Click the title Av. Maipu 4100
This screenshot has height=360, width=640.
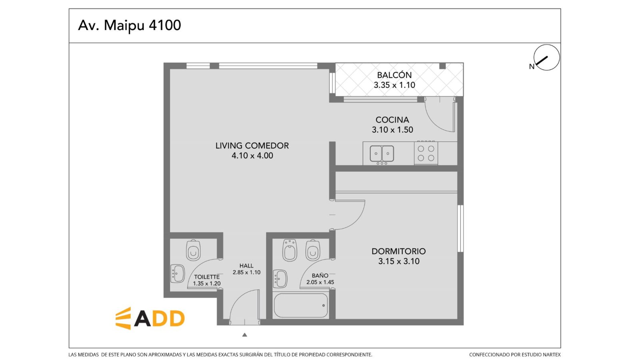click(x=130, y=26)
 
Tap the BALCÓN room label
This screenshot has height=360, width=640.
click(x=394, y=75)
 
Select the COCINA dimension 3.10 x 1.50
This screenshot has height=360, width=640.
click(x=392, y=130)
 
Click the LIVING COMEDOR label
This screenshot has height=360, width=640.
click(x=252, y=146)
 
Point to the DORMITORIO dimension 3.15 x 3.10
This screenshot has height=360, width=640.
click(x=399, y=261)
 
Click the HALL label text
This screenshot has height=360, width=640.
click(x=246, y=266)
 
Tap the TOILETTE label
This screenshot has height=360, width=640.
click(x=207, y=277)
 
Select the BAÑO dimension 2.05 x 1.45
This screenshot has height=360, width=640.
click(x=320, y=282)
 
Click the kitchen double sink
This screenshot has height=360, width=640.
click(x=382, y=154)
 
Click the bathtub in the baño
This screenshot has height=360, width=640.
click(x=300, y=306)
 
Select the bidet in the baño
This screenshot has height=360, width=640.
click(x=290, y=250)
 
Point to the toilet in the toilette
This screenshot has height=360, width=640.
click(x=194, y=250)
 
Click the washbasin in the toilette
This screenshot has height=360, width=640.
click(x=178, y=274)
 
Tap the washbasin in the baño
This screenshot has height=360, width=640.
click(x=280, y=279)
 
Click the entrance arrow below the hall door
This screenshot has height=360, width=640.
click(x=244, y=335)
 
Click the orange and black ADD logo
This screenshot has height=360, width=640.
click(x=150, y=318)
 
